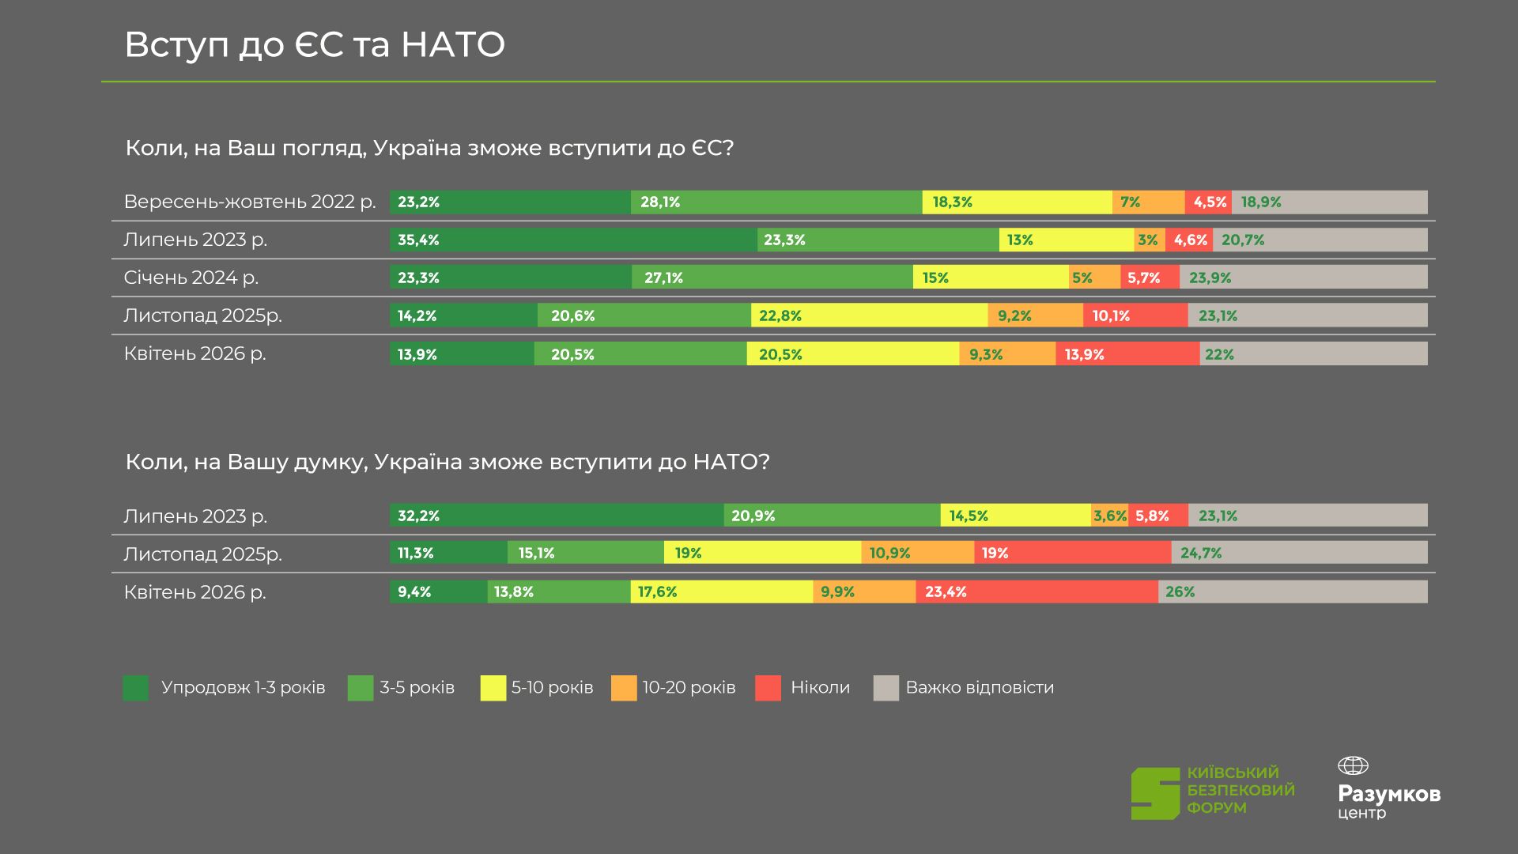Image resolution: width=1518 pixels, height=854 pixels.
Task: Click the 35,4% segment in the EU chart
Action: [573, 240]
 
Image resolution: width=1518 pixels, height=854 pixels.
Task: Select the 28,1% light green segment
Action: [776, 202]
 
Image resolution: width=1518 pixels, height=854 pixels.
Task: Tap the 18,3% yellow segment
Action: [1017, 202]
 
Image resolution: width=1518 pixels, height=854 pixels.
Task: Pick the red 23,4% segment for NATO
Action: [1037, 591]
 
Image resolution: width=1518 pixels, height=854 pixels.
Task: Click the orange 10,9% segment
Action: [917, 553]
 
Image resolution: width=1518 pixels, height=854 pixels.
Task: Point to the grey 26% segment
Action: [1293, 591]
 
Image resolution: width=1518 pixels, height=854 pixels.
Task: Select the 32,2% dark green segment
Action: [557, 516]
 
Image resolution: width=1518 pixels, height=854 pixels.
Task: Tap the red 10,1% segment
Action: [1135, 316]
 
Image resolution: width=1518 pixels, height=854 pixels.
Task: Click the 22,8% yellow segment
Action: [869, 316]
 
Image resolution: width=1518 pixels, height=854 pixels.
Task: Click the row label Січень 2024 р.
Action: [191, 278]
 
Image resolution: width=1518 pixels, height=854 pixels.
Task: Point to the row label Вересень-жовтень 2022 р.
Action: [250, 202]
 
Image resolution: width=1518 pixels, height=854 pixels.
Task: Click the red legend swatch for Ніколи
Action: [768, 688]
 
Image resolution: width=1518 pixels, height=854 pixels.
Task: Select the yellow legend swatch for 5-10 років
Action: [493, 688]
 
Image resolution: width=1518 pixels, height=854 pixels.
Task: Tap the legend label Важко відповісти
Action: [980, 687]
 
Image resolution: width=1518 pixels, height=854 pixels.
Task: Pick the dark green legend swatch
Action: [136, 688]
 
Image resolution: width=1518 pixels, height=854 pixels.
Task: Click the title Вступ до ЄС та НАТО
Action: [315, 45]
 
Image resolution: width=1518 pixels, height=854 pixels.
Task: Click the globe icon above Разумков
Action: [1353, 765]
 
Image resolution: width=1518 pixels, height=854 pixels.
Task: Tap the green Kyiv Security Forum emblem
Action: [1155, 793]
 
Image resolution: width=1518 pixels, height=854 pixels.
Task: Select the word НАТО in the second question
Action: [724, 462]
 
